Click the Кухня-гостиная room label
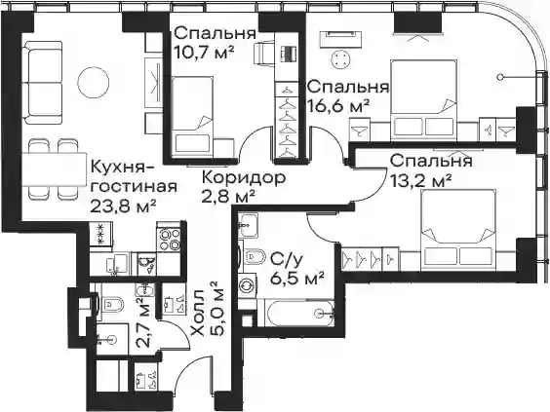[134, 177]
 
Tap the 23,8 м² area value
[123, 206]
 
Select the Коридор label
[244, 178]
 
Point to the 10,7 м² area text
[205, 53]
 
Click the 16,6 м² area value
[338, 106]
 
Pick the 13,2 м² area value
[421, 181]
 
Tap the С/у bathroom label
[286, 260]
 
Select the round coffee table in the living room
[93, 83]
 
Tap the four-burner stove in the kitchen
[170, 240]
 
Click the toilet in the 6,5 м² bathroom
[254, 258]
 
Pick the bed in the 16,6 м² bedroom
[424, 98]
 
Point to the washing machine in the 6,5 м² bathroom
[248, 284]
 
